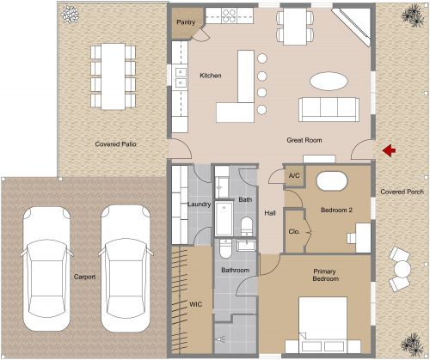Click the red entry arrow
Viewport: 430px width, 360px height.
[389, 151]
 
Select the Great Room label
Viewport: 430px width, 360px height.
[304, 138]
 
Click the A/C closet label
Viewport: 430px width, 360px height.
[293, 175]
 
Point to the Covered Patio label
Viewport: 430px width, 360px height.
[116, 144]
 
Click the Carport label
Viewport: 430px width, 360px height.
[84, 278]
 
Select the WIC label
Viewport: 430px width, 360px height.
[195, 304]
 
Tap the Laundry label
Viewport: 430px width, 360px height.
[200, 204]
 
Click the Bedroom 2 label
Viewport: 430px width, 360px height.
[336, 210]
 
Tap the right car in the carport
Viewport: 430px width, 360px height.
[126, 270]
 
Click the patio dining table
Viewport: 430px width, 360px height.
[113, 75]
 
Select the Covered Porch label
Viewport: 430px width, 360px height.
[400, 192]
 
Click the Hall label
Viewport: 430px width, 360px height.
[269, 213]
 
